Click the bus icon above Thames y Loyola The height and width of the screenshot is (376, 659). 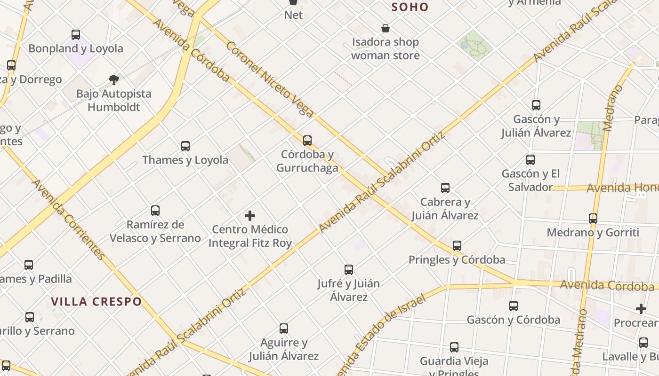(x=185, y=146)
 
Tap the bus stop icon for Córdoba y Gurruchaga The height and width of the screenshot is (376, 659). (x=307, y=140)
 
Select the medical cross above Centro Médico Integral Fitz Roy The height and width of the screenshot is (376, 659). (x=250, y=216)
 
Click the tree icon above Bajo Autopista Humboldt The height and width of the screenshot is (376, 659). (x=113, y=79)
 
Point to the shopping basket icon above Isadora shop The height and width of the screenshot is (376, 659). (x=386, y=28)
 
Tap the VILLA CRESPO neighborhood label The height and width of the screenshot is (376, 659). (x=96, y=302)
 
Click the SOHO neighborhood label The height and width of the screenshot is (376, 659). (x=410, y=7)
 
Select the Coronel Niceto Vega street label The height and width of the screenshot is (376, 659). (x=269, y=79)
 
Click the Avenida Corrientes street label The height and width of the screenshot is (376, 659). (x=68, y=219)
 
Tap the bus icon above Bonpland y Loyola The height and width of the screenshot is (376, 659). (x=76, y=34)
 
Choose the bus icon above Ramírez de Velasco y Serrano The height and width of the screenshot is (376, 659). (x=155, y=211)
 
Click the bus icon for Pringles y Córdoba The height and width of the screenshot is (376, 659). (x=457, y=245)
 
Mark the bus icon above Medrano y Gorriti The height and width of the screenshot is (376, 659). (x=593, y=219)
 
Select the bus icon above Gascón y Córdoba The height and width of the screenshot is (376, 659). (x=514, y=306)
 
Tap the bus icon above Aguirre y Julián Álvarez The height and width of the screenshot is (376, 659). (x=283, y=329)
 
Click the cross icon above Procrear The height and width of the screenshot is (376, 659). (x=641, y=309)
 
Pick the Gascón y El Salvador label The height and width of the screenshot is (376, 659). (x=530, y=180)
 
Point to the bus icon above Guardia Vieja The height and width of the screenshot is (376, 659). (x=454, y=347)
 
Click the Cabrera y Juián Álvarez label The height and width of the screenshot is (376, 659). (x=445, y=209)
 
